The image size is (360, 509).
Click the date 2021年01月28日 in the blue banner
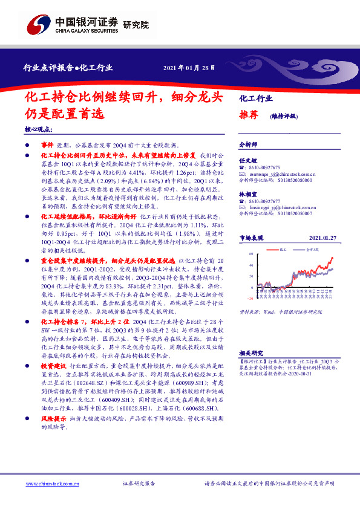coord(189,68)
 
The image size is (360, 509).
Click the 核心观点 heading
coord(38,130)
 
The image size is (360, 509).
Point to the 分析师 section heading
coord(248,145)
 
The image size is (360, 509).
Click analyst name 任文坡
coord(247,160)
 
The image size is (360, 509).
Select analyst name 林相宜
coord(247,193)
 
